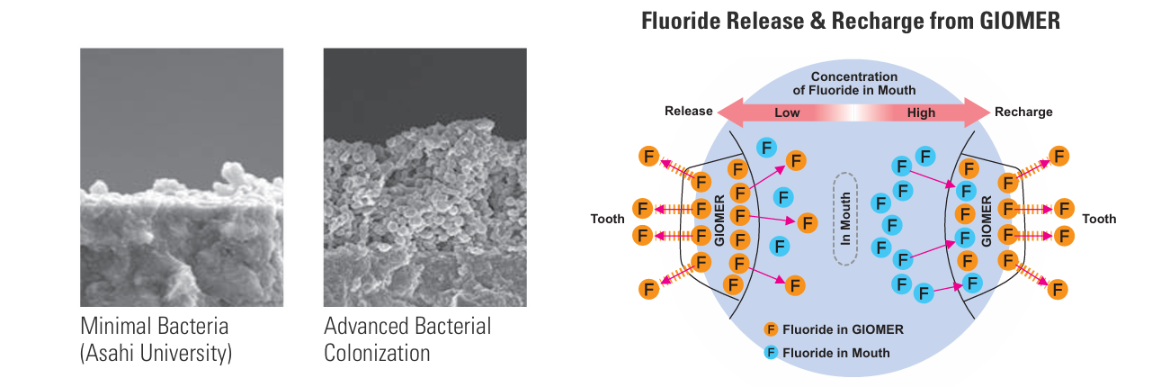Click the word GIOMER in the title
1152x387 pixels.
click(x=1020, y=21)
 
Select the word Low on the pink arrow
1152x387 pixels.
click(x=787, y=112)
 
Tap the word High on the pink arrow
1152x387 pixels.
click(x=921, y=112)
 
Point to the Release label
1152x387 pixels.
click(x=689, y=112)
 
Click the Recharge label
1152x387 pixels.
click(x=1023, y=112)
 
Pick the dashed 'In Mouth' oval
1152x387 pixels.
click(x=845, y=219)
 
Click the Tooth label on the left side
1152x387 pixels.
click(x=607, y=219)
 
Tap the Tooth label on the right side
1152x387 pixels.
click(x=1099, y=219)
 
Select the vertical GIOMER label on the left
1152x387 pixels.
click(x=719, y=220)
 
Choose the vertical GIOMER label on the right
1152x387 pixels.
click(x=986, y=221)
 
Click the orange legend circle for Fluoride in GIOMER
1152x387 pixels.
click(x=771, y=329)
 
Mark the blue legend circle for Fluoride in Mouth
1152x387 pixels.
click(x=771, y=353)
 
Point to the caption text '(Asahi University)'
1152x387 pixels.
click(x=156, y=354)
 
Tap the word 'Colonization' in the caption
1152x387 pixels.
click(x=377, y=354)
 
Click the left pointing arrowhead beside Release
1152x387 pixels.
click(x=730, y=112)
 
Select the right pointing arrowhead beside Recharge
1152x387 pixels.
click(x=977, y=112)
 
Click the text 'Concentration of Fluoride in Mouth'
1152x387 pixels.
click(x=854, y=84)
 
